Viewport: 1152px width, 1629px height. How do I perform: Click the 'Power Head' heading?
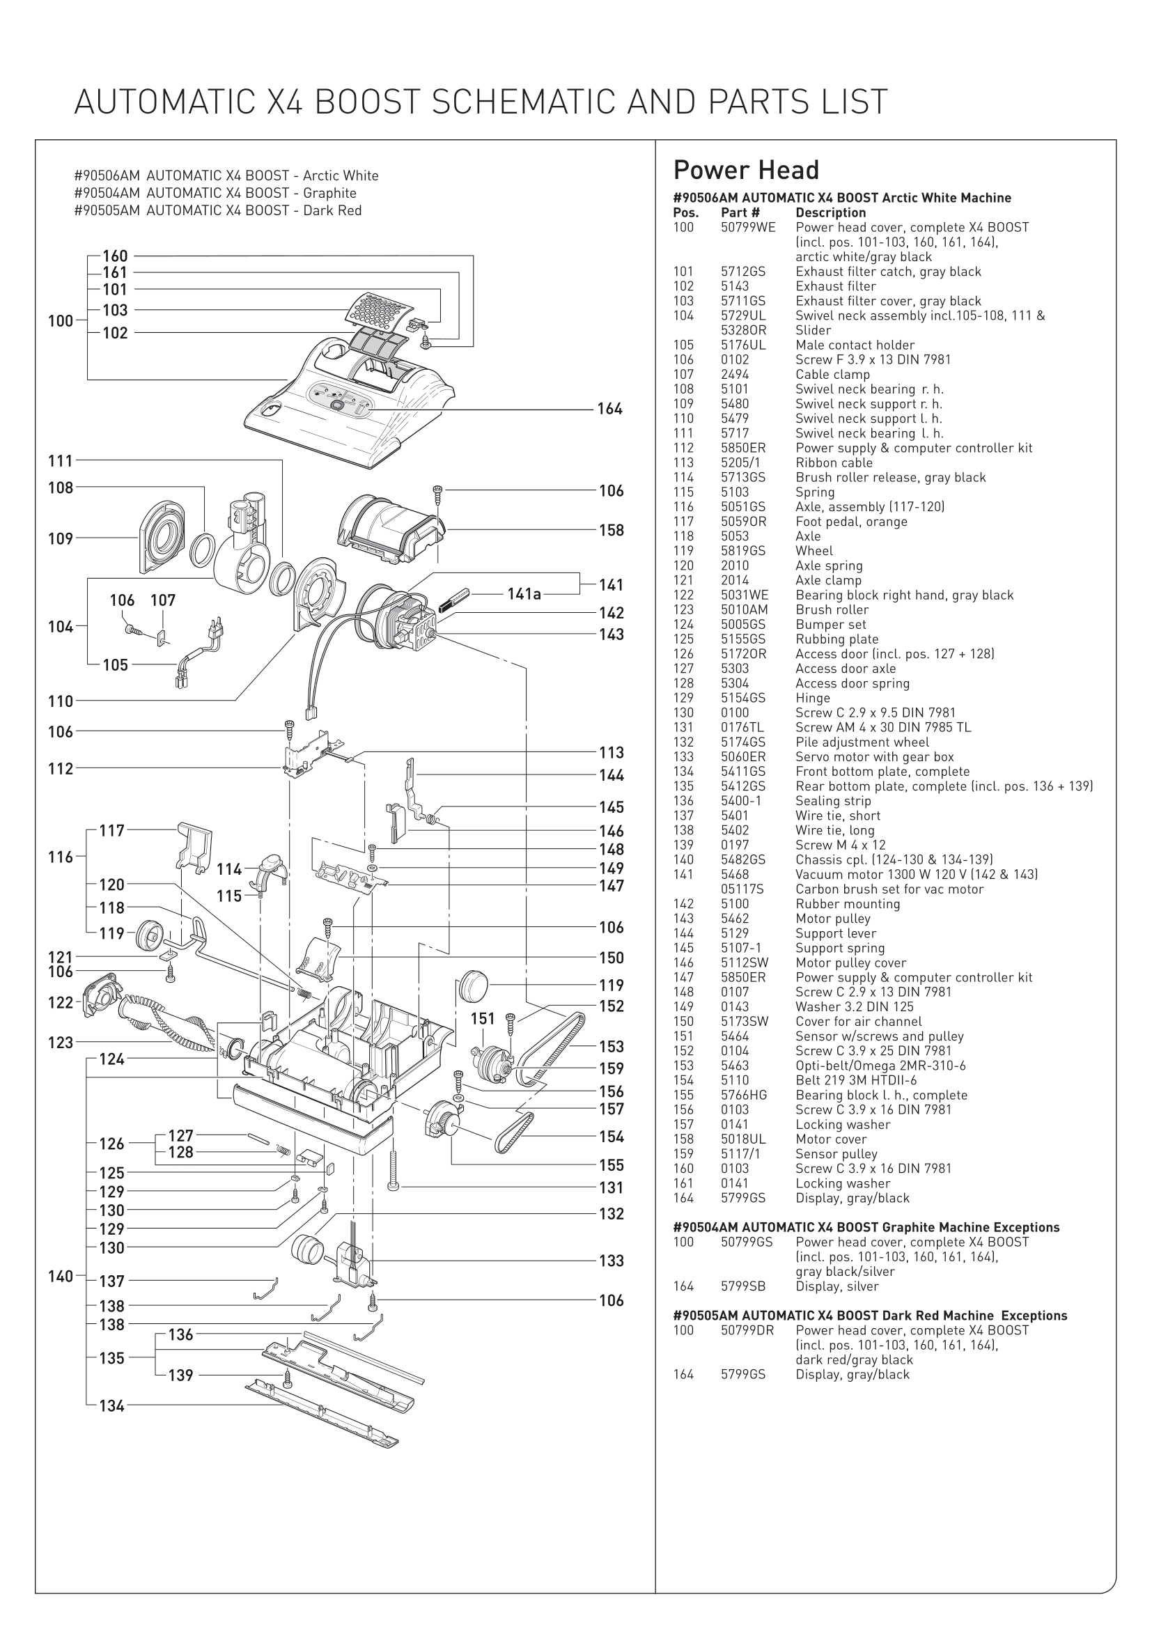click(745, 170)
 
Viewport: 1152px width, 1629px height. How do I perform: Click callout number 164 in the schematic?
click(609, 409)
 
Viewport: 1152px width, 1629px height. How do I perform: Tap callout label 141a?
click(524, 594)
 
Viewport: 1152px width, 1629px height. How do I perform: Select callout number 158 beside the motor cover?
click(611, 530)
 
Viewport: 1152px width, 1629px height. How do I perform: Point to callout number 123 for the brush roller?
click(61, 1043)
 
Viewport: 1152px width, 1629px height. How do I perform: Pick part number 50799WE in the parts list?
click(747, 228)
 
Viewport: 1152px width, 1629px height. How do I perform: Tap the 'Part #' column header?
click(740, 213)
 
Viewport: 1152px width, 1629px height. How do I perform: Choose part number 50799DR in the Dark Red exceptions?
click(747, 1330)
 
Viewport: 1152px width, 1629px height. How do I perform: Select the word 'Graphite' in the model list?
click(329, 193)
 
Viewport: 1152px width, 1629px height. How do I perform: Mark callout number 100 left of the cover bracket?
click(61, 320)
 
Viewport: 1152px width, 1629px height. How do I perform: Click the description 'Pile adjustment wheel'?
click(861, 742)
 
